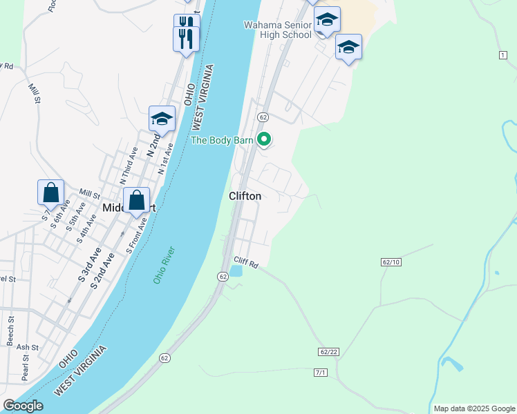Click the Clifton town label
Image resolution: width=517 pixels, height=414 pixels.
click(245, 196)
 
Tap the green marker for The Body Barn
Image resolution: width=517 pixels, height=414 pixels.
click(264, 139)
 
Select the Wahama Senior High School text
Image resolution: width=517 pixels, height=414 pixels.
click(277, 30)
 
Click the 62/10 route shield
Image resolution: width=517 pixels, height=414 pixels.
click(391, 262)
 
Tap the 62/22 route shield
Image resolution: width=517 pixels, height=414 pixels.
click(329, 352)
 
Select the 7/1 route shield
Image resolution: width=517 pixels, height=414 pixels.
click(320, 373)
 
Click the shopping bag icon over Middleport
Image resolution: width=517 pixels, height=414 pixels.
click(137, 201)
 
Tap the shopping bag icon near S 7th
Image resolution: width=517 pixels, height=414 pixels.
click(51, 193)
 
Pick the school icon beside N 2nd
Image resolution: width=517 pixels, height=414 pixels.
click(162, 119)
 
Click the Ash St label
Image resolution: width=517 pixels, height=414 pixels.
click(28, 347)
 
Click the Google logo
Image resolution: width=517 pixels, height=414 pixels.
click(23, 406)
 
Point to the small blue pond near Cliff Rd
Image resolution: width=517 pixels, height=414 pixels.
click(236, 271)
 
